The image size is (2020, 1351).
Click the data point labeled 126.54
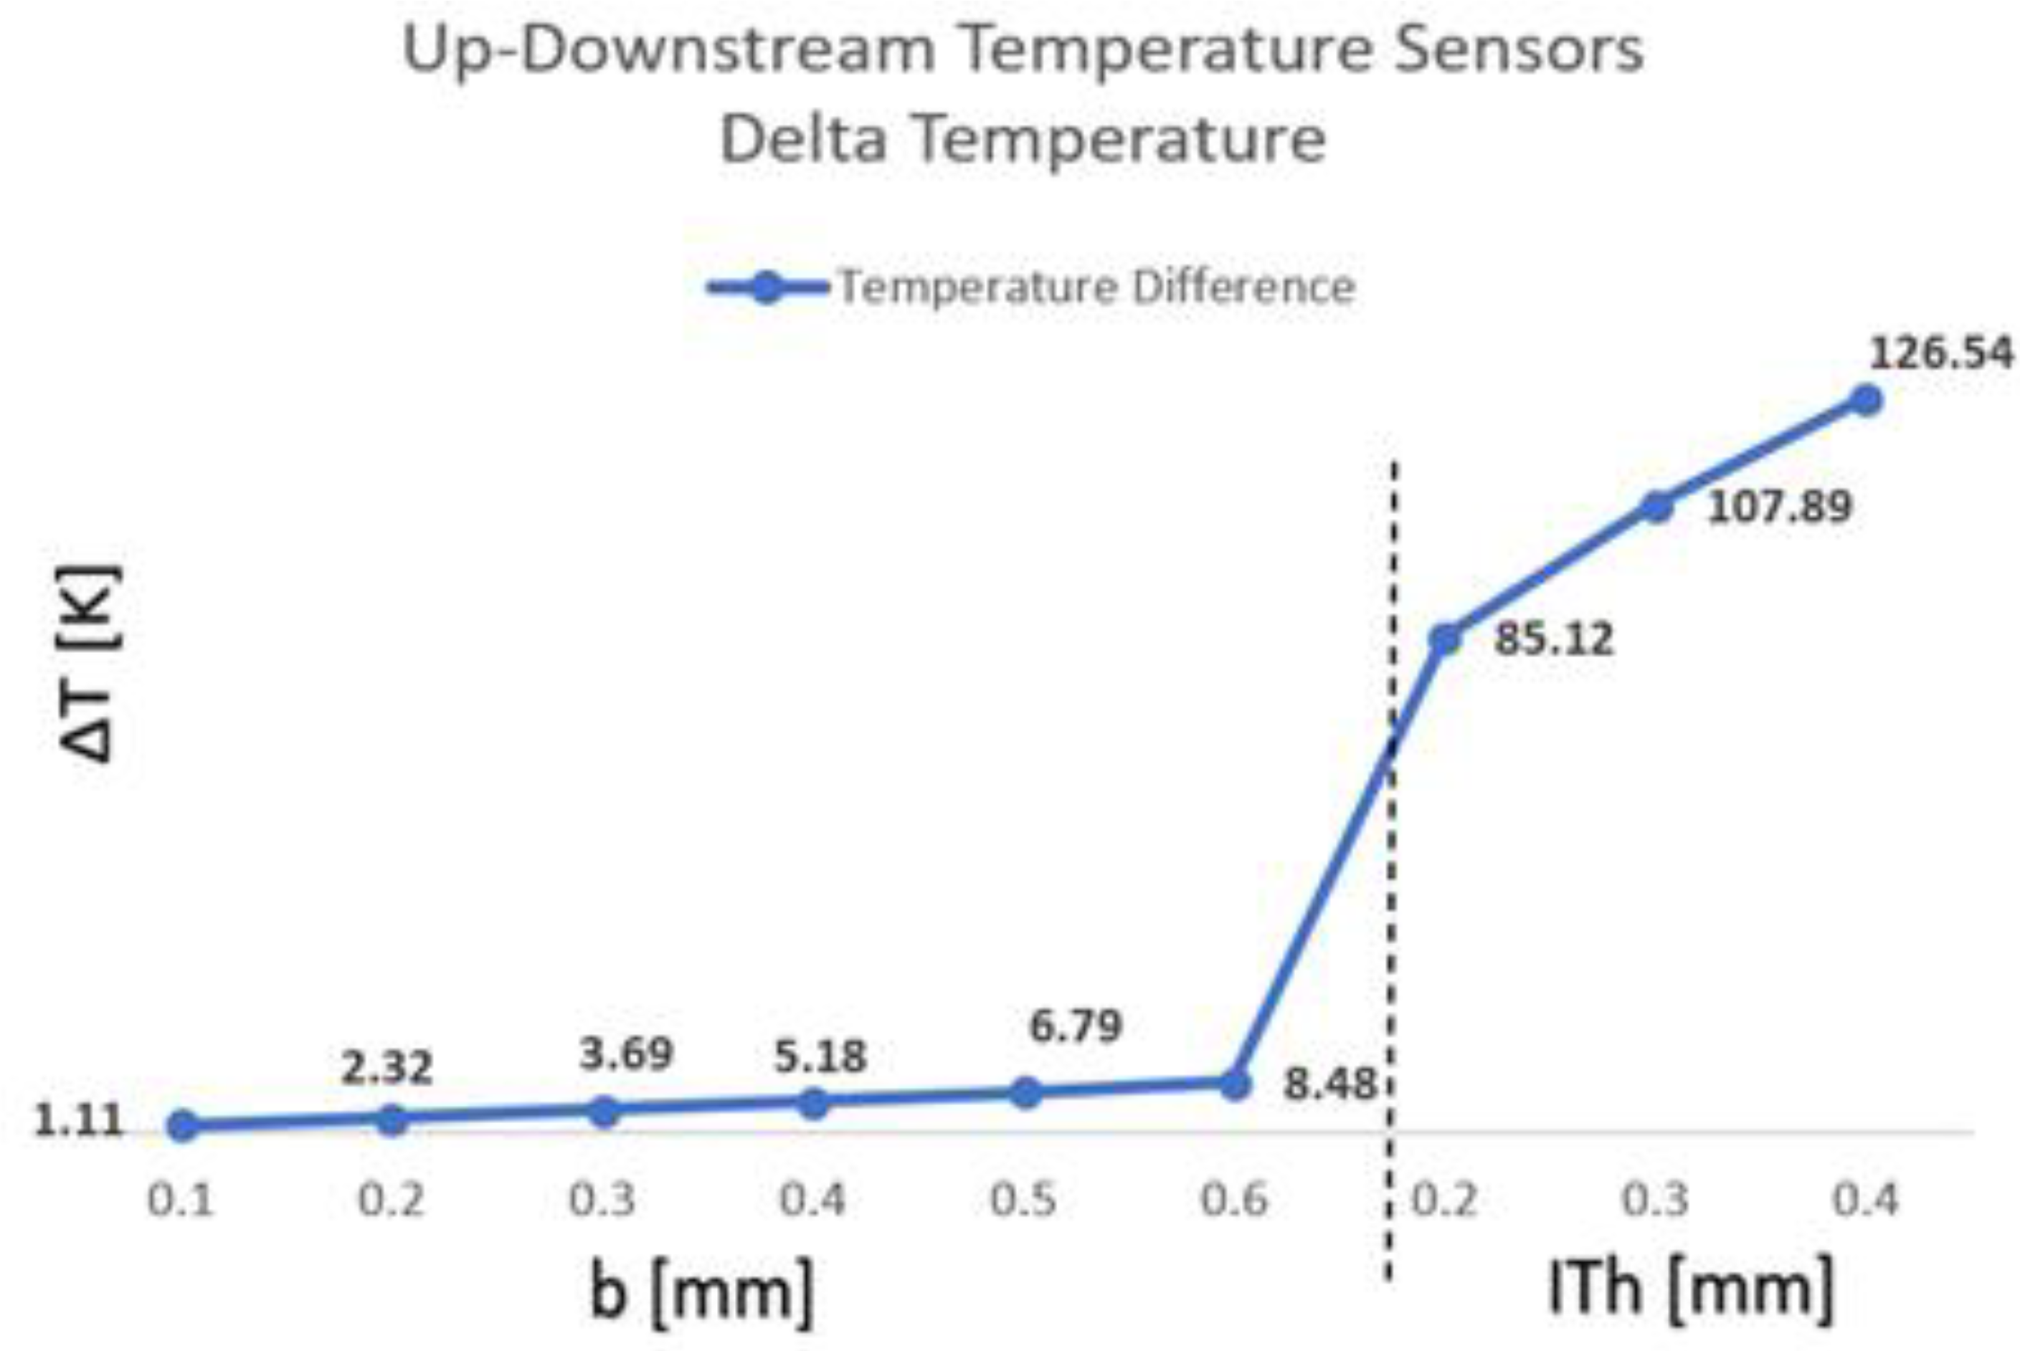point(1866,401)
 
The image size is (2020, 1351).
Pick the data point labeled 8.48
point(1235,1085)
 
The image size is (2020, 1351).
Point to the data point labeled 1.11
point(183,1125)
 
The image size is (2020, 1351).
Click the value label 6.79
point(1076,1026)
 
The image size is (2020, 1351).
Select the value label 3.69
point(626,1054)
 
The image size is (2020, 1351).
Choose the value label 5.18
point(820,1057)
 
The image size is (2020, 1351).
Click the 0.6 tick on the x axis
point(1235,1199)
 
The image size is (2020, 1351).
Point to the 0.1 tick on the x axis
point(181,1199)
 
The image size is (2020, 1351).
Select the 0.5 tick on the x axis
point(1024,1199)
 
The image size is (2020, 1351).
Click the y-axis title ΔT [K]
point(90,664)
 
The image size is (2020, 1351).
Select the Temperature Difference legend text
point(1096,287)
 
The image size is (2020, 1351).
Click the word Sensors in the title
point(1519,50)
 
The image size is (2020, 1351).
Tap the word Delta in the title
point(803,140)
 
